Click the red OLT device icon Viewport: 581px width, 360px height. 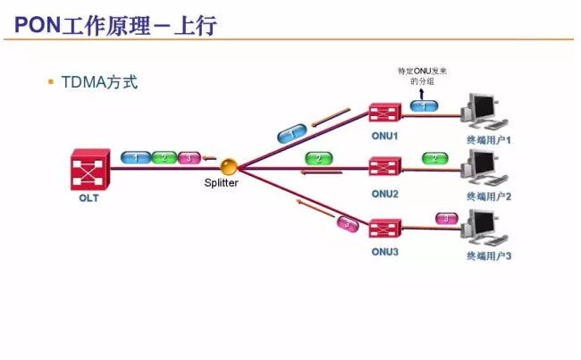89,169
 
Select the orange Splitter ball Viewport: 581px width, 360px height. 230,166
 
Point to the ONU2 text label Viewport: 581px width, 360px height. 385,193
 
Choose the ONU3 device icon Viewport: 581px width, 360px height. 385,227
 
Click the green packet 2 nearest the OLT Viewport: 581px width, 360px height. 163,158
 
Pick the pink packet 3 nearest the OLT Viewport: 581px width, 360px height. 189,158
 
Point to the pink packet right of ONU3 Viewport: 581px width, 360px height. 443,218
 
